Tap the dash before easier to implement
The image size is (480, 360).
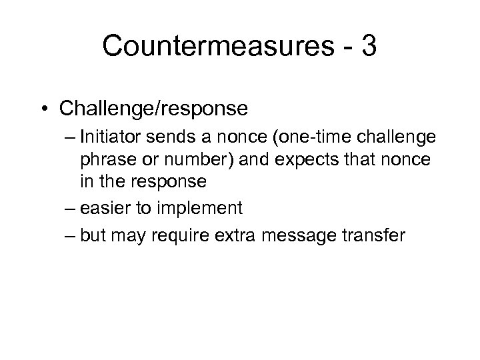tap(69, 209)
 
